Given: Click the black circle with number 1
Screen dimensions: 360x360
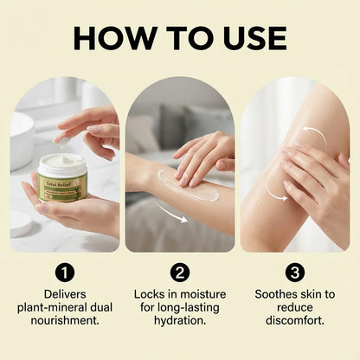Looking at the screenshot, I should (x=64, y=272).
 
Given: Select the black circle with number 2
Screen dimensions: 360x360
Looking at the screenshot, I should (x=180, y=272).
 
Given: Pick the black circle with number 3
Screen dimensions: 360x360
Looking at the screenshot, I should (x=294, y=272).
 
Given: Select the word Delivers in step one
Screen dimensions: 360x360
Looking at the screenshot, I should (x=64, y=294).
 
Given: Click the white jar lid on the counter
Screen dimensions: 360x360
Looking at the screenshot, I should (x=22, y=224).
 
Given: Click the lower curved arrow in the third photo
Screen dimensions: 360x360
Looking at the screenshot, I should (x=279, y=195).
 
